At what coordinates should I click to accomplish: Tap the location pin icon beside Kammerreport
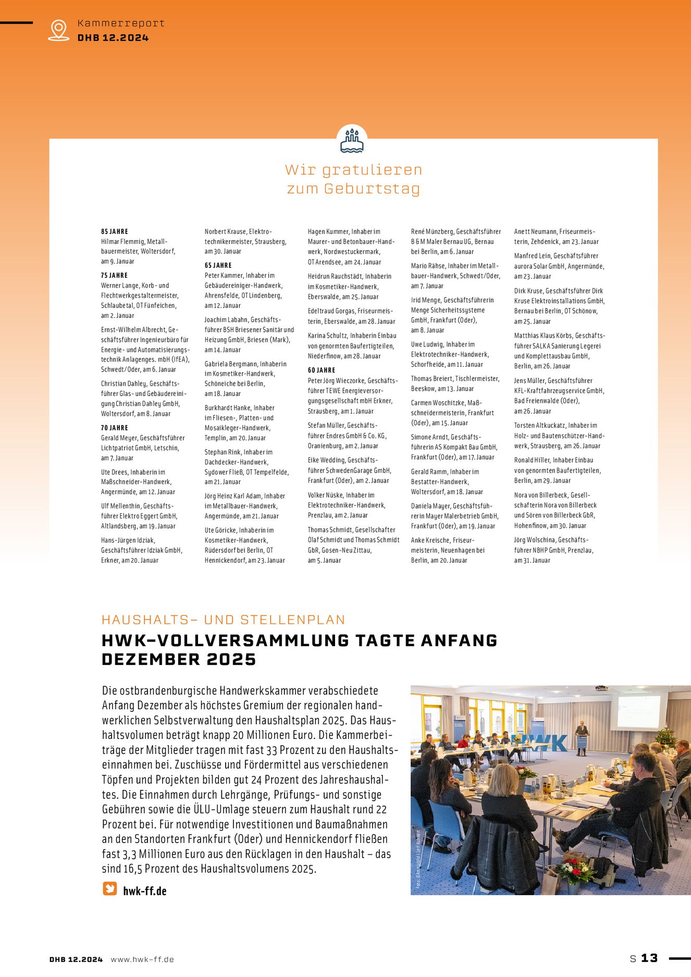[58, 30]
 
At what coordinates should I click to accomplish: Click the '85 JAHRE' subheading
[115, 231]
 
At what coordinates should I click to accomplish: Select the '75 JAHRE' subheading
[115, 275]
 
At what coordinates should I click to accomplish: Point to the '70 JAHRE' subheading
[115, 428]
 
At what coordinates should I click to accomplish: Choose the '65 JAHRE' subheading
[218, 265]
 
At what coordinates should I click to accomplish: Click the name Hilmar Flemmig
[123, 242]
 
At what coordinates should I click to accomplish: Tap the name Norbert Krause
[225, 231]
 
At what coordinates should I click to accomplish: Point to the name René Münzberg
[432, 231]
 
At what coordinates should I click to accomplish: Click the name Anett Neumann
[535, 231]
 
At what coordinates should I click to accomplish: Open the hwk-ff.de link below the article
[145, 891]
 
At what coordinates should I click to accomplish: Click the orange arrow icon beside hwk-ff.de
[110, 888]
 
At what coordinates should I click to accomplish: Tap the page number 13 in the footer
[649, 958]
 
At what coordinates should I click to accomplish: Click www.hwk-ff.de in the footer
[142, 959]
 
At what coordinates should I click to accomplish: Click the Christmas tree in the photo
[665, 740]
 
